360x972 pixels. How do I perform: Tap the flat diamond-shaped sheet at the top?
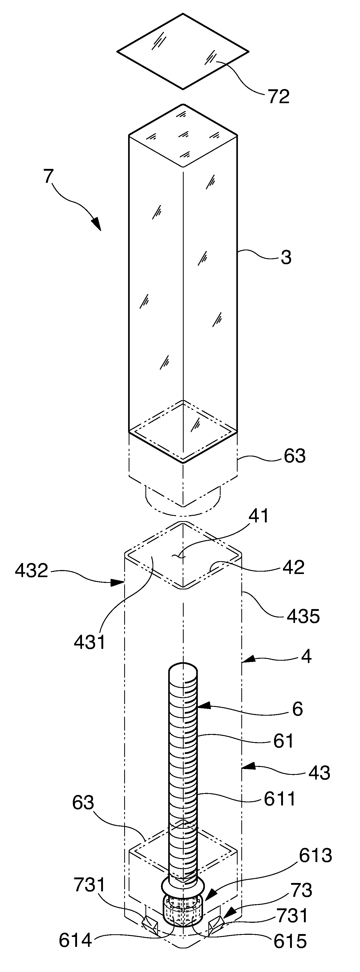183,51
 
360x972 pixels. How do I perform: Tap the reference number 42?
293,567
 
